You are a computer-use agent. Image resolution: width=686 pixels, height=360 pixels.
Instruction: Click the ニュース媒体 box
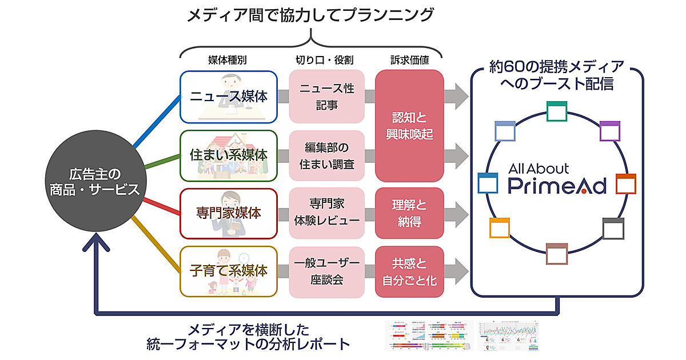tap(229, 97)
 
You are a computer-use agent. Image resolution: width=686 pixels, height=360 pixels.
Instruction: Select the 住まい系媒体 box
tap(229, 155)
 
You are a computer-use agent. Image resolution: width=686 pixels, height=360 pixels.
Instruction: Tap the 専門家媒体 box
tap(229, 213)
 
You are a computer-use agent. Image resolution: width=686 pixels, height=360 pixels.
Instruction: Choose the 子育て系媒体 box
tap(229, 271)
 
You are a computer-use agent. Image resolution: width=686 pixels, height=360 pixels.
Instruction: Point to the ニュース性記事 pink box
tap(327, 97)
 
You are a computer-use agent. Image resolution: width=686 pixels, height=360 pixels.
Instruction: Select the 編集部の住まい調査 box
tap(327, 155)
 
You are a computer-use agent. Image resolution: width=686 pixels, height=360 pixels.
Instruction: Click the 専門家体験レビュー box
tap(327, 213)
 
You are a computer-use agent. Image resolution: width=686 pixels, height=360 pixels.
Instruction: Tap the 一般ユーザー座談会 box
tap(327, 271)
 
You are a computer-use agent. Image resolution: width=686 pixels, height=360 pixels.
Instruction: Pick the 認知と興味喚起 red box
tap(409, 126)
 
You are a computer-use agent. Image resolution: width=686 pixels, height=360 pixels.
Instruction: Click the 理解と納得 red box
tap(409, 213)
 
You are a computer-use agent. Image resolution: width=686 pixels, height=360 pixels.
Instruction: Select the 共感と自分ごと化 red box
tap(409, 271)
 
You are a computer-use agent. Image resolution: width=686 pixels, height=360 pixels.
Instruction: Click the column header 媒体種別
tap(228, 59)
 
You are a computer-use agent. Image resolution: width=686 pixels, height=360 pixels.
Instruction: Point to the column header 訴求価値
tap(409, 59)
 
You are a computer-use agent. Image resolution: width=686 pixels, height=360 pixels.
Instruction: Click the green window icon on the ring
tap(556, 111)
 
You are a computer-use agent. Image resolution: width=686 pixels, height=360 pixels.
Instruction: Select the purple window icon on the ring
tap(610, 131)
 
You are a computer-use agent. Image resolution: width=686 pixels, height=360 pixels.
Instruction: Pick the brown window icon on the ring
tap(556, 254)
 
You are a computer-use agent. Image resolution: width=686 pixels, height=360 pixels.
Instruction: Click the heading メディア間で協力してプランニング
tap(310, 15)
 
